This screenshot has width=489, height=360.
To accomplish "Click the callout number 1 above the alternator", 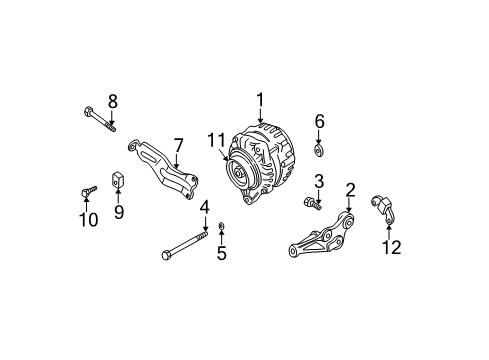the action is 260,100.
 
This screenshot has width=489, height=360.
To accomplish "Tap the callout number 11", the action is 216,140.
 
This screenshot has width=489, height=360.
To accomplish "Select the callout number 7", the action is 179,146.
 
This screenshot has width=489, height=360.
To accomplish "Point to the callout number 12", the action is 392,247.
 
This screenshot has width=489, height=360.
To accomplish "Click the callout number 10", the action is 89,220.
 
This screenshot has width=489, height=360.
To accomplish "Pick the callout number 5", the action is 222,253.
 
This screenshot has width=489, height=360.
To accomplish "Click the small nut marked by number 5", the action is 221,227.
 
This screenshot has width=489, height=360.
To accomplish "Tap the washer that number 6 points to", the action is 319,150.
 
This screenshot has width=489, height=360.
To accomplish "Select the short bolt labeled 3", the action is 312,203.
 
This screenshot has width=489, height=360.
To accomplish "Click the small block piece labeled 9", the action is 117,180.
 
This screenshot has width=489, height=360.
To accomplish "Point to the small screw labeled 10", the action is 89,191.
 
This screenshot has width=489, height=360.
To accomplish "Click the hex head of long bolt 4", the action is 166,255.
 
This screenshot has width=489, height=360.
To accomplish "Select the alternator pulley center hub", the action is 239,173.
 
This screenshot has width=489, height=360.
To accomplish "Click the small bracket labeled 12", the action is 383,208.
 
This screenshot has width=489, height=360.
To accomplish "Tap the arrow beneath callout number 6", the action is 319,138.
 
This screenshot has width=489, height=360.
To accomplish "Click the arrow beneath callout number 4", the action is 205,223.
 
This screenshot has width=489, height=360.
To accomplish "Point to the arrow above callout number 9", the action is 118,197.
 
